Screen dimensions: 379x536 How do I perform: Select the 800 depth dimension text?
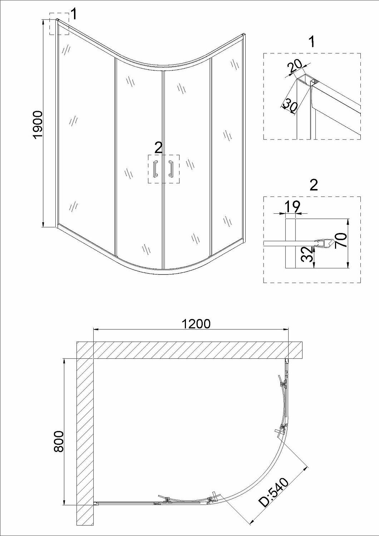coord(59,441)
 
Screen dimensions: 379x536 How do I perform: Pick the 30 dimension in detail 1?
coord(290,106)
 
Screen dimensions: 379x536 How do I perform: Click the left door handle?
coord(156,169)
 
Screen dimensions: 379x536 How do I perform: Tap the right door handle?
coord(171,169)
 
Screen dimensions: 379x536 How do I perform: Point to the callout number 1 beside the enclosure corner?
coord(74,15)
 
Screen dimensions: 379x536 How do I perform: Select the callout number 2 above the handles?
coord(158,147)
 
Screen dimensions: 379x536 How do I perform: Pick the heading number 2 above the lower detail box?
coord(314,185)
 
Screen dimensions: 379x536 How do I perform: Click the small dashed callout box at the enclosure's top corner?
coord(59,24)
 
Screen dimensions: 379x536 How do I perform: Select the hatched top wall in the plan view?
coord(193,350)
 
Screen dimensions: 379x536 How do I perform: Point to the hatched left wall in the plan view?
coord(85,440)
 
